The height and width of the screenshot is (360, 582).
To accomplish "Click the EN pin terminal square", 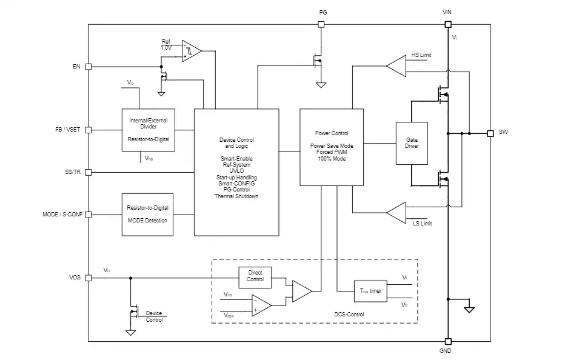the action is click(x=89, y=67).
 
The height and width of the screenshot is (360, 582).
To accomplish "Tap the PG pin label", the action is click(x=323, y=13).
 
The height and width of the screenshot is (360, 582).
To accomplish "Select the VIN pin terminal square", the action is click(x=448, y=24).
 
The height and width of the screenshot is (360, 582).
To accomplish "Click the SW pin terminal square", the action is click(x=490, y=133).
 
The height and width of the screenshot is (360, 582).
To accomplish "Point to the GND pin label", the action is click(x=445, y=351).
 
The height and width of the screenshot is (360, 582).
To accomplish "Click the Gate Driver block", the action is click(x=412, y=143).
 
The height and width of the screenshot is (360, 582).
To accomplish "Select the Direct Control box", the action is click(x=255, y=277).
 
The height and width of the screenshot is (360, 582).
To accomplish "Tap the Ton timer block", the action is click(x=370, y=291).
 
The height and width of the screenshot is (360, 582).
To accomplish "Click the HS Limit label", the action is click(x=421, y=55).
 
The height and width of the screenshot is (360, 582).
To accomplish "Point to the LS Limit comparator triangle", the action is click(x=396, y=213).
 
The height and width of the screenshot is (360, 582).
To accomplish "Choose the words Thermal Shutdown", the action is click(x=236, y=196).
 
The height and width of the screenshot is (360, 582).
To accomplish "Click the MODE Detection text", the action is click(x=147, y=221).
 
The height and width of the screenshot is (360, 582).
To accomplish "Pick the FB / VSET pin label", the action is click(x=67, y=130).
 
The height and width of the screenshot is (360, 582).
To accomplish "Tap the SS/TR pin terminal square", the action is click(x=89, y=172).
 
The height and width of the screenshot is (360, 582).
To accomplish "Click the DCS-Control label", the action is click(x=349, y=315).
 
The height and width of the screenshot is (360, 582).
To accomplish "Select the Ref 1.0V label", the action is click(x=166, y=44).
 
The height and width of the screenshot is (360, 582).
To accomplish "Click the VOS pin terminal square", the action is click(x=89, y=278).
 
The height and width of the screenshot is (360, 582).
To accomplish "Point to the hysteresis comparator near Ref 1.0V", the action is click(x=192, y=51).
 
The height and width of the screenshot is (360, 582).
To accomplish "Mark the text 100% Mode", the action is click(x=332, y=158).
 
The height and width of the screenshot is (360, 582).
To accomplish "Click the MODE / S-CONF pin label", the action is click(x=62, y=215).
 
